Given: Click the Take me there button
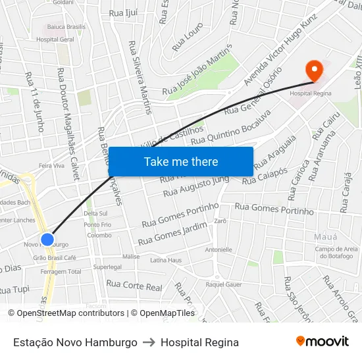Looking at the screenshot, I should (x=181, y=161).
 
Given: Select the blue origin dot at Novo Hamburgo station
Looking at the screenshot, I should (x=47, y=240).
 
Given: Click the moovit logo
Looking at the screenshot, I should (x=323, y=341).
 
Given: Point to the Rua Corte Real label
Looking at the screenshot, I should (x=134, y=286).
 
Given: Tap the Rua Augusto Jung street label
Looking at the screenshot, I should (x=195, y=186).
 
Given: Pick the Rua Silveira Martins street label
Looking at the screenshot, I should (x=140, y=77).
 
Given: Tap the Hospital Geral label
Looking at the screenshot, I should (x=55, y=39).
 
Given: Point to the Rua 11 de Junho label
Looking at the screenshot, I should (x=34, y=92).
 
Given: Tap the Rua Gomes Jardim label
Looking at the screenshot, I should (x=172, y=232).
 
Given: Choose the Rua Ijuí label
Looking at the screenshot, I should (x=124, y=13).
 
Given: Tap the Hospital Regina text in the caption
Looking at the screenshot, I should (x=199, y=342).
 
